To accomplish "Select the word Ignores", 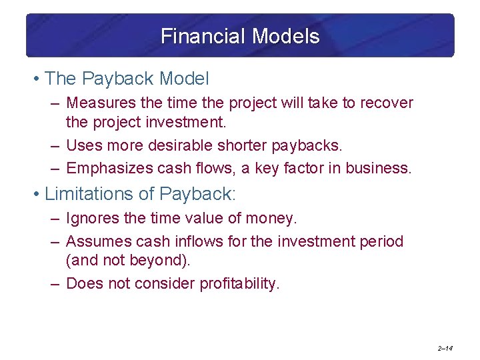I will tap(91, 218).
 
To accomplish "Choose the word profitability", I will tap(240, 283).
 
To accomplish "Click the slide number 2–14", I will tap(445, 348).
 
